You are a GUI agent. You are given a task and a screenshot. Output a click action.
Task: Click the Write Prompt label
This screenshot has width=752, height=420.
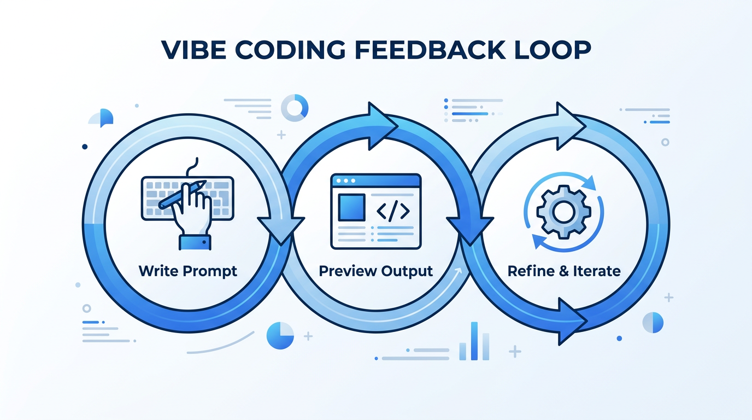click(x=188, y=271)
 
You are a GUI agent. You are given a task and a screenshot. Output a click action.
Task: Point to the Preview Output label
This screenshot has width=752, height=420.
click(x=375, y=271)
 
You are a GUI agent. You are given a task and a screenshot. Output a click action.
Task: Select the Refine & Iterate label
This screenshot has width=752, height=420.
click(x=564, y=271)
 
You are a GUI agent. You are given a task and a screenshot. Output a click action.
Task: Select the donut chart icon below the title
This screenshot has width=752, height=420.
click(x=295, y=108)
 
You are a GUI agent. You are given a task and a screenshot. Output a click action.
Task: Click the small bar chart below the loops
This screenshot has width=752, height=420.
click(x=474, y=342)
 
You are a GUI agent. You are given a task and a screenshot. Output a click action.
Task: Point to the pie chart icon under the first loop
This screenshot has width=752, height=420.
click(x=280, y=335)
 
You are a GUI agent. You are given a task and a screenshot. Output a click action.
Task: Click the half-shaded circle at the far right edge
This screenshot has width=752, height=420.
click(x=653, y=323)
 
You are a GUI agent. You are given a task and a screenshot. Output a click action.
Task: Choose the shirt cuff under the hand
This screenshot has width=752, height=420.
click(x=195, y=242)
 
